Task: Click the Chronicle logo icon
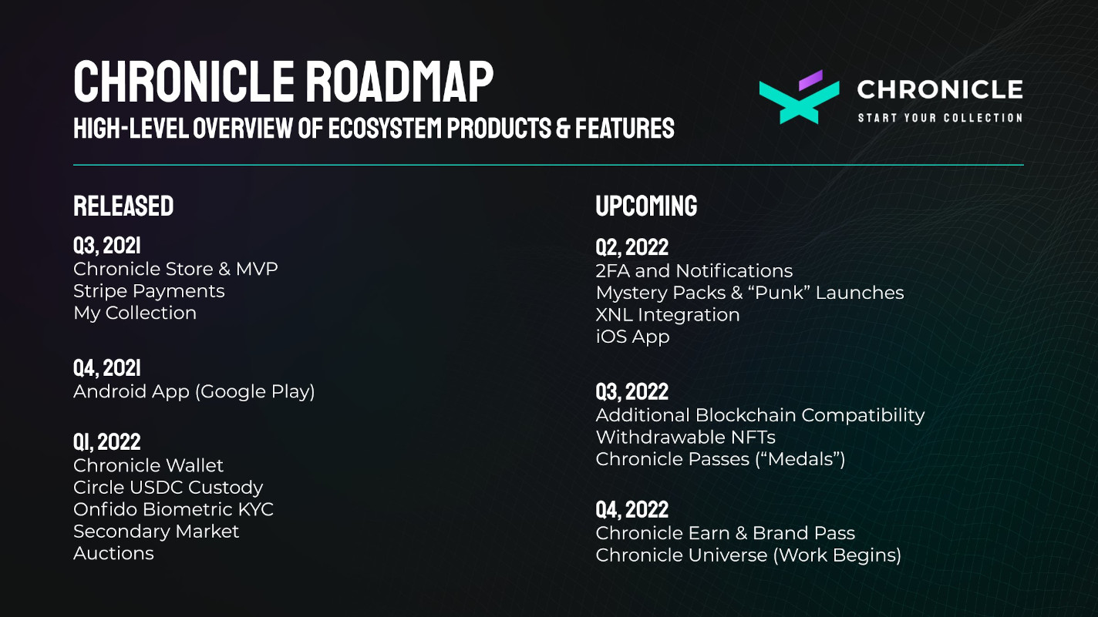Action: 799,97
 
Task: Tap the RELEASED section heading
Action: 123,206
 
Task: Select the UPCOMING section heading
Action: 647,206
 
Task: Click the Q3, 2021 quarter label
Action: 107,246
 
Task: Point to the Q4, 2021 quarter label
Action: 107,368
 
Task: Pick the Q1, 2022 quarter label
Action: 107,441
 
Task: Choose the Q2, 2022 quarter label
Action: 632,247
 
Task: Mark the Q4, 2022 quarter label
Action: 632,510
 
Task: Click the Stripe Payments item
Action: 149,291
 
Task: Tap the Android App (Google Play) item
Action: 194,392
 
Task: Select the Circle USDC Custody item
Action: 168,488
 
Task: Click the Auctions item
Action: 113,553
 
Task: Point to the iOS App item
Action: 632,337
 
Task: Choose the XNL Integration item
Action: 668,315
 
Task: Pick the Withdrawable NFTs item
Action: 685,438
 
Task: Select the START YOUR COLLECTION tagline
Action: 940,118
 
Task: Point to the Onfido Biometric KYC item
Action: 173,510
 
